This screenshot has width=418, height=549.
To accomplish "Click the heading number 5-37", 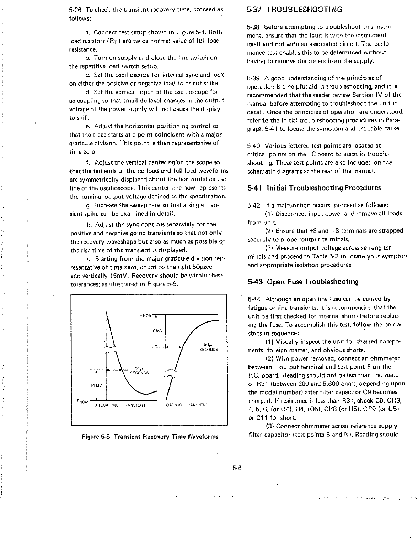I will [x=254, y=10].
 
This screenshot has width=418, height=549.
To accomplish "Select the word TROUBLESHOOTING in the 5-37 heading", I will [x=305, y=10].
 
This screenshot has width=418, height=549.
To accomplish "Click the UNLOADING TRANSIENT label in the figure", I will [x=120, y=405].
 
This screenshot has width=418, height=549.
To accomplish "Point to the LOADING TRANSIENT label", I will [x=186, y=405].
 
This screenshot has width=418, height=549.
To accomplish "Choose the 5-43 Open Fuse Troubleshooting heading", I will [x=303, y=282].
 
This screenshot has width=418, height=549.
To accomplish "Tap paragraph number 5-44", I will [x=254, y=299].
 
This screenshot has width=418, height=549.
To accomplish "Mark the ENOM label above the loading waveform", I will [x=146, y=315].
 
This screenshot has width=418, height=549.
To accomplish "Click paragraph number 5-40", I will [x=254, y=146].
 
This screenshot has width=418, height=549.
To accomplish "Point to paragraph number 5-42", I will [x=254, y=205].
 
